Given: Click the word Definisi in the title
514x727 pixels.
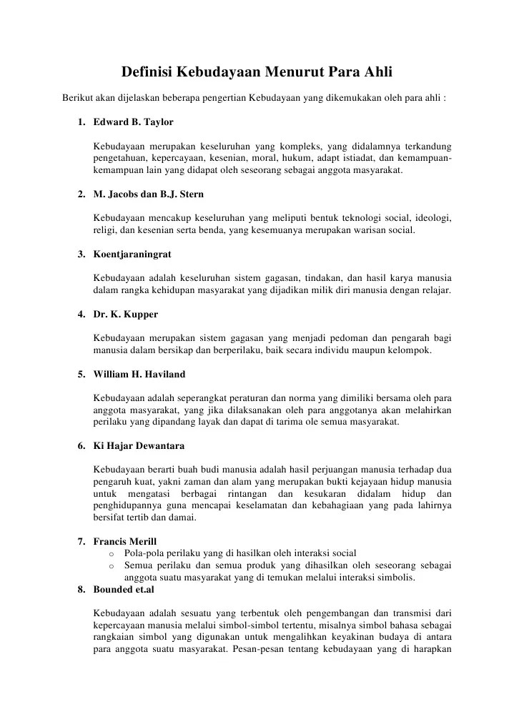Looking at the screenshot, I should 147,72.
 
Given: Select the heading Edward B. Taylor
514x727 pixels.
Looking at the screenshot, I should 133,122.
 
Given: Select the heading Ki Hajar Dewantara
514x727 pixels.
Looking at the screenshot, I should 139,446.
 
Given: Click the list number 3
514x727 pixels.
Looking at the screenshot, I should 81,254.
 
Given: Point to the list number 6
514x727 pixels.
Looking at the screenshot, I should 81,446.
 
